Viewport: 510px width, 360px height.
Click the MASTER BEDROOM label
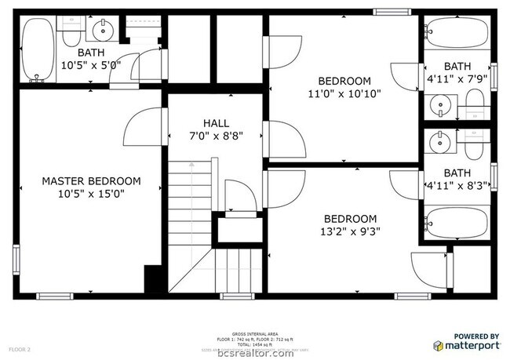91,180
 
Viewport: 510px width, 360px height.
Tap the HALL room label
216,123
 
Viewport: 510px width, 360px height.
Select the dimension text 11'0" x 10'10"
344,94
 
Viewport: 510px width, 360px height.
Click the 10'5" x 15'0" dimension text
91,193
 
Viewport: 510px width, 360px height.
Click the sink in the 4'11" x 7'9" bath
441,103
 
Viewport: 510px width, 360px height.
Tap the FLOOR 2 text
19,347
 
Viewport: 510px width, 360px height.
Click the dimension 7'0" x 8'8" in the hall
216,136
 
